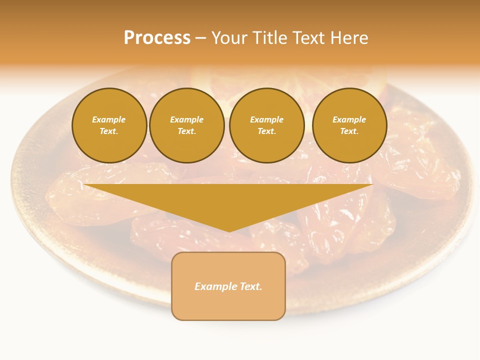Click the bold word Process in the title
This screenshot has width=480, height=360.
(x=157, y=38)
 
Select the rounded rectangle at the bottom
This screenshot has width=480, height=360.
(x=228, y=305)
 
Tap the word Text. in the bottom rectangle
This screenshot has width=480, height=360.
(x=251, y=286)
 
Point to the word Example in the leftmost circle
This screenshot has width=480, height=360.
(x=109, y=119)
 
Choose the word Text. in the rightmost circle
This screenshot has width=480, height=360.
(x=349, y=131)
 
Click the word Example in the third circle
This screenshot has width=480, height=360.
(x=266, y=119)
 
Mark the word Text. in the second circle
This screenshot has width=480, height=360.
(x=186, y=131)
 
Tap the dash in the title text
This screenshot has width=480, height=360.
(x=201, y=38)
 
